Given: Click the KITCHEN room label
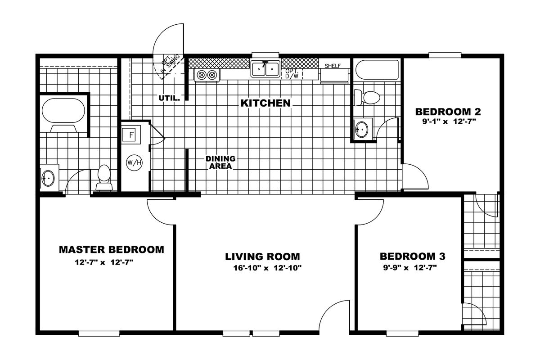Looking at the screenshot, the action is point(265,103).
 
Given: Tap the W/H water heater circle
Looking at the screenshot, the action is point(134,163).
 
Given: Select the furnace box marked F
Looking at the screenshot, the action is point(131,135).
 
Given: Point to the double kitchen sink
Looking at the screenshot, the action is point(265,69).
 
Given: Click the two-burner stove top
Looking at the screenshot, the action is point(207,75).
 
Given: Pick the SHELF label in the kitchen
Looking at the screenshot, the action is point(333,66).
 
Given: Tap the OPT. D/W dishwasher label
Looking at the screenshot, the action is point(292,74).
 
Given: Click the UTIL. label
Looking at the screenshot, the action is point(169,98).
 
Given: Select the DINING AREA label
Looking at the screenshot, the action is point(220,162).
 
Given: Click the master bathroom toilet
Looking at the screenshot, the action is point(104,178).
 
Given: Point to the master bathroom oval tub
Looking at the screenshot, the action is point(63,111).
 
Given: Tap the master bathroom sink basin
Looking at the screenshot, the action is point(48,178).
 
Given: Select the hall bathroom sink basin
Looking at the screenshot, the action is point(362,130).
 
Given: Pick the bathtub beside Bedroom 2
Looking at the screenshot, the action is point(377,70).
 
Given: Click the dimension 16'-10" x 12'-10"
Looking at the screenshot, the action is point(267,268).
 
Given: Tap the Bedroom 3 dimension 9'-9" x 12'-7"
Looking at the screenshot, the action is point(410,267).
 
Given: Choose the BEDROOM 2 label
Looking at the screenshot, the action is point(448,112).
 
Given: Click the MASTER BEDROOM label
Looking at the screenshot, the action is point(112,250).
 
